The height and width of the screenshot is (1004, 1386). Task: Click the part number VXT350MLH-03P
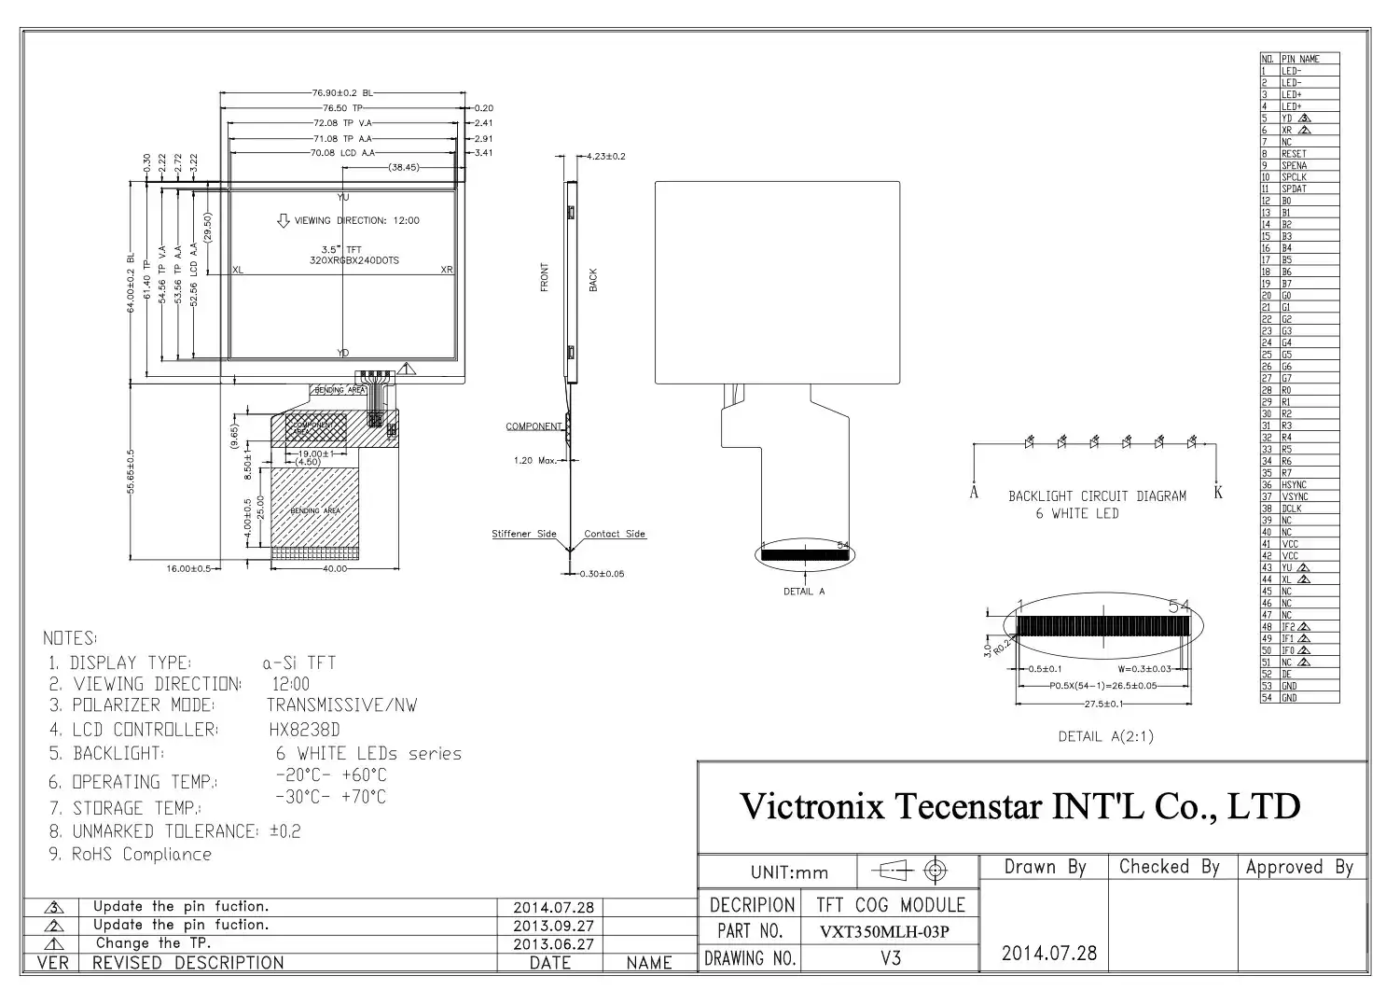coord(884,931)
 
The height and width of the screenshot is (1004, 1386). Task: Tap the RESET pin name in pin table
coord(1294,154)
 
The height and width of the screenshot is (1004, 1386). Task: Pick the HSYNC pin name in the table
coord(1294,485)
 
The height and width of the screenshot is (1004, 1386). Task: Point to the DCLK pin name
coord(1292,509)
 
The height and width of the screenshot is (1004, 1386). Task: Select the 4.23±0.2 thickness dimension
coord(603,156)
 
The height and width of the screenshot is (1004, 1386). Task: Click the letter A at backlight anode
coord(974,493)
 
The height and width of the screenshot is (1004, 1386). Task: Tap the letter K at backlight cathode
coord(1218,493)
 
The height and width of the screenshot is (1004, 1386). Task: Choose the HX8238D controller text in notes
coord(304,730)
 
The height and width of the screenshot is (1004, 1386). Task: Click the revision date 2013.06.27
coord(553,943)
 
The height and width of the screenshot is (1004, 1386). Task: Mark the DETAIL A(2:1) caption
coord(1105,736)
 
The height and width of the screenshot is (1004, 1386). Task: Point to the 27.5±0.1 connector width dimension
coord(1104,704)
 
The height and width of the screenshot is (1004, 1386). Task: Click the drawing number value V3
coord(890,958)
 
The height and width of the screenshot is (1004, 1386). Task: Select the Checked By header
coord(1169,867)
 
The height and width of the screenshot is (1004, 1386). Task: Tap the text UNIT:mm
coord(789,872)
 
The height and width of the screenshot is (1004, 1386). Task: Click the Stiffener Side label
coord(523,534)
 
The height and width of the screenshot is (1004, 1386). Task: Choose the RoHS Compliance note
coord(142,855)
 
